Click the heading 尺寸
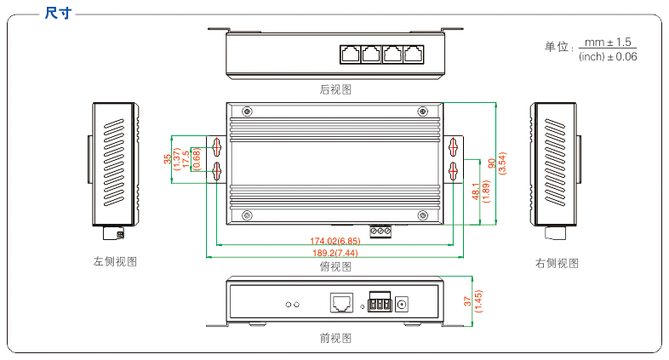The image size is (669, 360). [x=58, y=13]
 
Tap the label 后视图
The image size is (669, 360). [x=335, y=89]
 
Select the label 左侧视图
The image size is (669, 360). [x=115, y=261]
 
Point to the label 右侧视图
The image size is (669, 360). [x=557, y=263]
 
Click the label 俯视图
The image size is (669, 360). [x=335, y=266]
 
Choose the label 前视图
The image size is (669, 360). [x=335, y=338]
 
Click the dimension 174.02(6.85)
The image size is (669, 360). [x=335, y=241]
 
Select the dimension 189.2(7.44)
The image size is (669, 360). [x=335, y=253]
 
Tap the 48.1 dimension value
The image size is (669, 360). [x=476, y=191]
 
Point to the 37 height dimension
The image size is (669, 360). [x=467, y=301]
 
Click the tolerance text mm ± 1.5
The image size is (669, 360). [x=608, y=43]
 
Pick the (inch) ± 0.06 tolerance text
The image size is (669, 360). [x=608, y=56]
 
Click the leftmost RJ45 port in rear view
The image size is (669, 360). [x=351, y=54]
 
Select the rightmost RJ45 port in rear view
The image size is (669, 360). [x=414, y=54]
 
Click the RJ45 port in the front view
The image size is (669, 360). [x=341, y=302]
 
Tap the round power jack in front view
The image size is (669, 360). [x=402, y=304]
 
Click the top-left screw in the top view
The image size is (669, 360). [x=247, y=111]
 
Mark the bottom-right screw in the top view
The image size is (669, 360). [x=423, y=215]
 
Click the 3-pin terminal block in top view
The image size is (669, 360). [x=380, y=231]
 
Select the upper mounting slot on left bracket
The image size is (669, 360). [x=217, y=147]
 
